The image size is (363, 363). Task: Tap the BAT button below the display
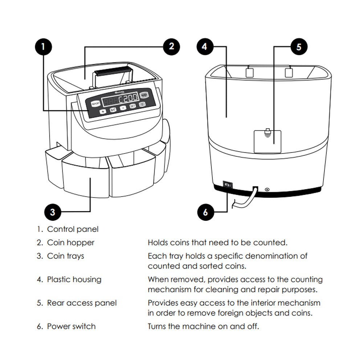[113, 109]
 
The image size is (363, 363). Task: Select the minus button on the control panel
[123, 108]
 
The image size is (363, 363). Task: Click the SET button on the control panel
[133, 106]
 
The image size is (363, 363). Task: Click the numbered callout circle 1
[44, 46]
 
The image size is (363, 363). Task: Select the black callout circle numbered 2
[171, 46]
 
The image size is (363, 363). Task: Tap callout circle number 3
[53, 212]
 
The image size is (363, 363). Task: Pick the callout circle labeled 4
[205, 47]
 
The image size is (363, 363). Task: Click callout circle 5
[298, 47]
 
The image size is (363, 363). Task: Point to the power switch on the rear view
[228, 185]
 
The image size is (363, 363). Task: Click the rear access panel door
[268, 141]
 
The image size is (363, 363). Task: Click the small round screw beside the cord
[268, 189]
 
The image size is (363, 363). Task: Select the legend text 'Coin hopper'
[71, 242]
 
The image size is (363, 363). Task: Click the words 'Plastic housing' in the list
[74, 280]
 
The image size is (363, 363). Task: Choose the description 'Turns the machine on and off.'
[203, 326]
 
